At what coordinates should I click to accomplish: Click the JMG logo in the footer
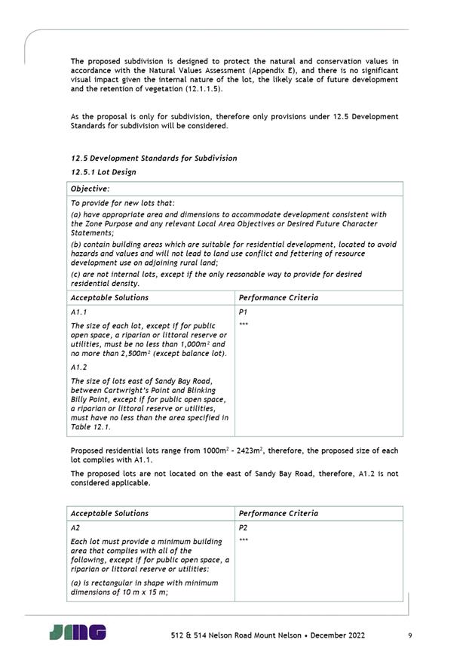[x=78, y=632]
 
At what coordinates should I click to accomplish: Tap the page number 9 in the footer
[x=409, y=635]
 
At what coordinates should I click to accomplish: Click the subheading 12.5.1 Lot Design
[x=103, y=172]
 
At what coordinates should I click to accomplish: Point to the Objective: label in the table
[x=90, y=189]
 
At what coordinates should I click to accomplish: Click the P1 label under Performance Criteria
[x=243, y=312]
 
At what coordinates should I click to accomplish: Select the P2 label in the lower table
[x=243, y=527]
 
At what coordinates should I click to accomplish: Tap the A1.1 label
[x=79, y=312]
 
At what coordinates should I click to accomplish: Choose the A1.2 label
[x=79, y=367]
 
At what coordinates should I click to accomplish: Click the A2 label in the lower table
[x=75, y=527]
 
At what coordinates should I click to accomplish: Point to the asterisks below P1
[x=244, y=325]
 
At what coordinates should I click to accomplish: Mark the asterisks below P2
[x=244, y=541]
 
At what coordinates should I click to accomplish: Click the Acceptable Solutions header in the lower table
[x=109, y=513]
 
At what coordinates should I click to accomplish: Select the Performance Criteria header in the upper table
[x=278, y=297]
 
